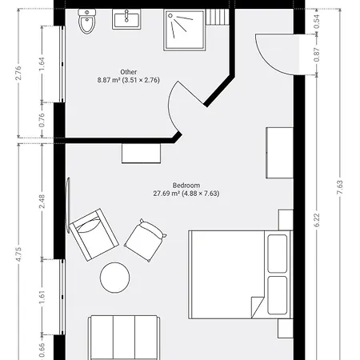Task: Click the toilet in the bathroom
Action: [x=87, y=22]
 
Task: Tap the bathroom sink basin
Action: [x=126, y=19]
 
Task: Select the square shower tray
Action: [x=185, y=30]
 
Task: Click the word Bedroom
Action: [x=186, y=186]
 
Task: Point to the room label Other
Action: [x=129, y=72]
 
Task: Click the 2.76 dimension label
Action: [x=18, y=73]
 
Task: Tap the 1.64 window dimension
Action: [x=42, y=64]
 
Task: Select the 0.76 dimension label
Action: [x=42, y=120]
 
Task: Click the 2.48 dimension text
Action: [x=42, y=202]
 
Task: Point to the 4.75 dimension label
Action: [x=18, y=254]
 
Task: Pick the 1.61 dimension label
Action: [x=42, y=297]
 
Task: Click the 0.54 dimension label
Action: [x=317, y=22]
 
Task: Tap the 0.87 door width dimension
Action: [x=317, y=54]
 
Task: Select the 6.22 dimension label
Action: [x=317, y=220]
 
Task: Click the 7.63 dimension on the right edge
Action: [x=340, y=187]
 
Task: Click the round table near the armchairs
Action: [x=115, y=278]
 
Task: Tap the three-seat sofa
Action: [x=124, y=338]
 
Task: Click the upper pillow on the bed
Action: [x=278, y=254]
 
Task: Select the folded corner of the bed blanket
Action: [x=257, y=306]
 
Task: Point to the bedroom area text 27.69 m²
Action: [x=166, y=194]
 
